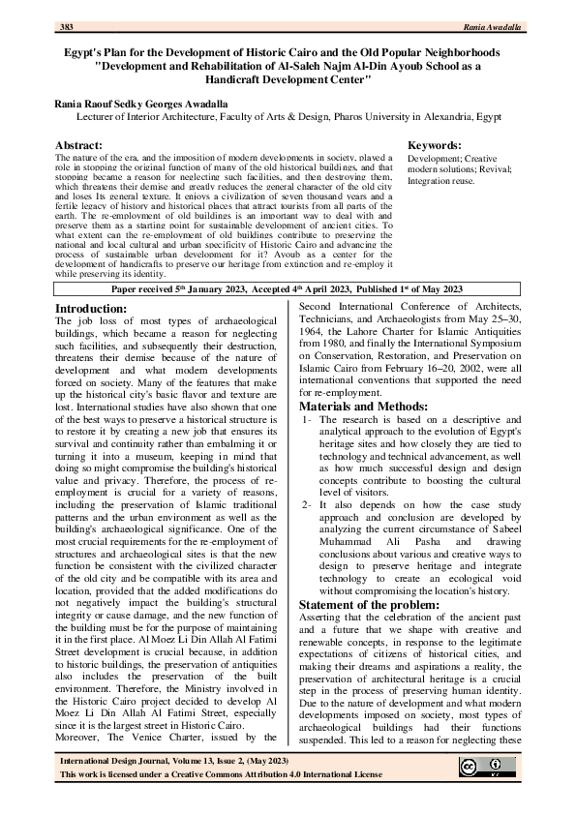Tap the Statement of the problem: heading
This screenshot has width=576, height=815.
pos(375,605)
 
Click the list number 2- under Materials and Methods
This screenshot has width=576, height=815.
pos(305,505)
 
